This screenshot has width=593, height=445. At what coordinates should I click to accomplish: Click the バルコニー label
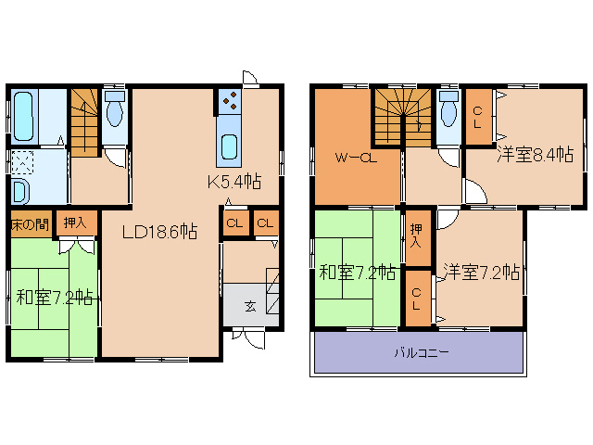click(422, 353)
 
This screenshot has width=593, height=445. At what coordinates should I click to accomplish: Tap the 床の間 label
click(30, 223)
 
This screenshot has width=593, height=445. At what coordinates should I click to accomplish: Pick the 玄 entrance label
click(249, 307)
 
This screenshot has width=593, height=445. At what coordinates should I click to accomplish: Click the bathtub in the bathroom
click(22, 113)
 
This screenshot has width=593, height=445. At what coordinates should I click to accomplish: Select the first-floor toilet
click(115, 110)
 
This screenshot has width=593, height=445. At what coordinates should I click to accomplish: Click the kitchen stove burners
click(230, 100)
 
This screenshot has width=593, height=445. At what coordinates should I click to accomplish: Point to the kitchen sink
click(230, 146)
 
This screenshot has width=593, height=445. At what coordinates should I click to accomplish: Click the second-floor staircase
click(404, 115)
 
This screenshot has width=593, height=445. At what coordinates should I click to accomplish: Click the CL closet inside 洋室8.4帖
click(478, 117)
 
